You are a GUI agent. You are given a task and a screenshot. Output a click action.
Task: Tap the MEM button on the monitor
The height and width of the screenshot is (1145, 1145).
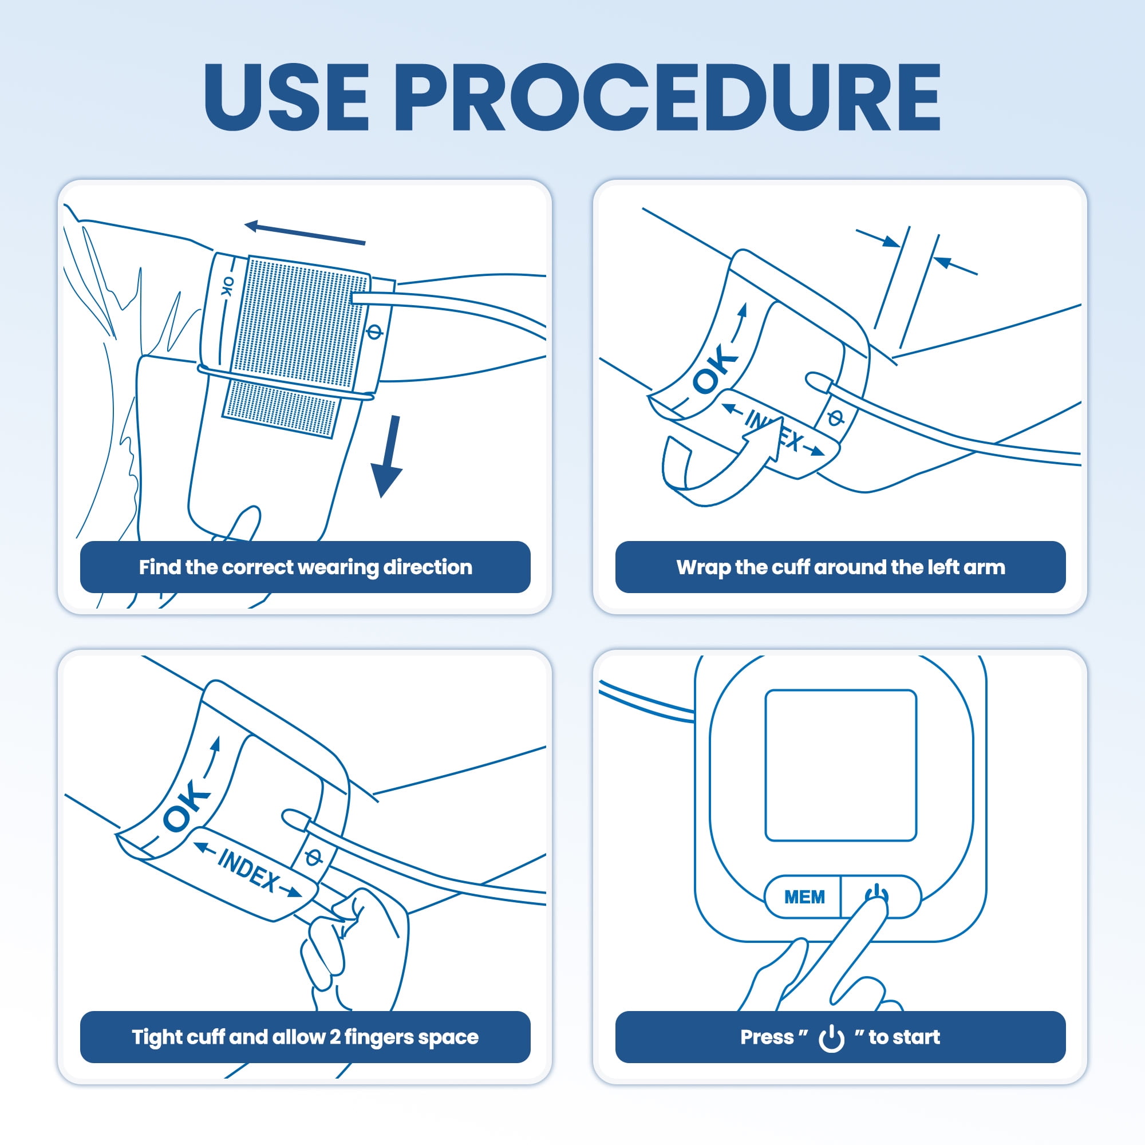click(x=804, y=897)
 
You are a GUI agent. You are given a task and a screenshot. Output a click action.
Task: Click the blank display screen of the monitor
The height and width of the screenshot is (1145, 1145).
click(x=840, y=765)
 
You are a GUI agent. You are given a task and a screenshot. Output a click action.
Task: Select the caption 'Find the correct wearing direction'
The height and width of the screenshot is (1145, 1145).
click(x=305, y=567)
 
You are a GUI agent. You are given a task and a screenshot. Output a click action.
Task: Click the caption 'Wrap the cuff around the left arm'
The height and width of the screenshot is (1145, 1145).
click(x=840, y=567)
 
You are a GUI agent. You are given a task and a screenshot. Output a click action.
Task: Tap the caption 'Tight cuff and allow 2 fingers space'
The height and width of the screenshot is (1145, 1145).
click(x=305, y=1037)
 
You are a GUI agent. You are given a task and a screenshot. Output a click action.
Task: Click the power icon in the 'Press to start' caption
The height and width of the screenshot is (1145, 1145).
click(x=831, y=1038)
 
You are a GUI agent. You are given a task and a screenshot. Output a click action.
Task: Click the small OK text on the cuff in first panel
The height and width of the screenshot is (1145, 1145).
click(x=227, y=286)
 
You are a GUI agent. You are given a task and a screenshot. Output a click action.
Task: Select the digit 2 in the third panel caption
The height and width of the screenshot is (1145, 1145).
click(x=335, y=1037)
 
